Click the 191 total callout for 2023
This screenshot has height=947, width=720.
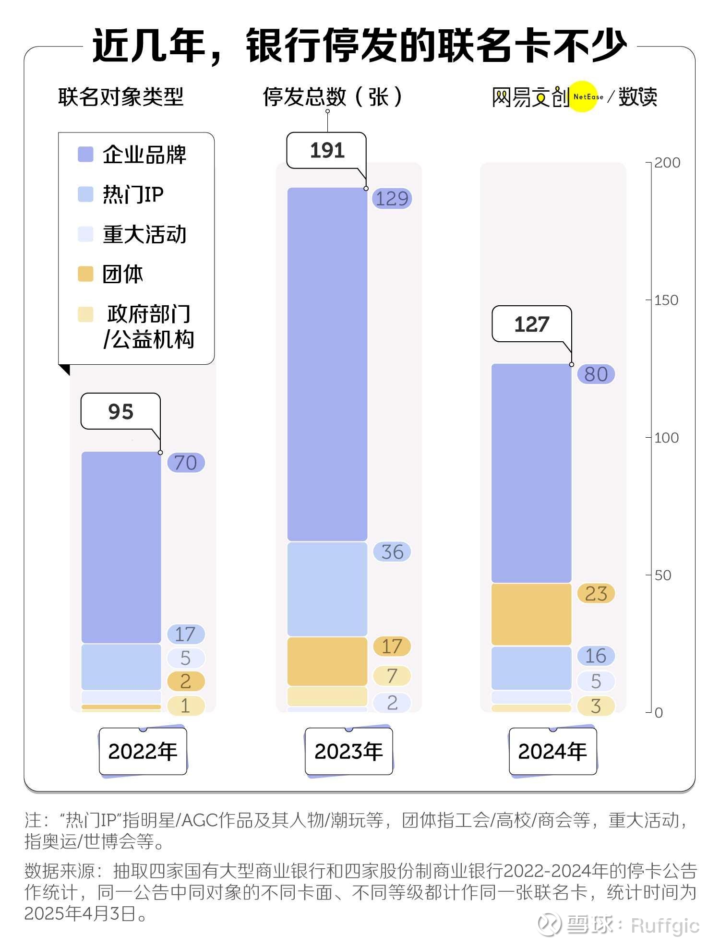[326, 151]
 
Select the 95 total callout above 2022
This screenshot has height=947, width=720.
[120, 411]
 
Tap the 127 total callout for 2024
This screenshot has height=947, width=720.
[531, 324]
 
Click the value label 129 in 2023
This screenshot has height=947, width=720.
[392, 199]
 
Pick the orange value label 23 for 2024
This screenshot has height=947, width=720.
[596, 594]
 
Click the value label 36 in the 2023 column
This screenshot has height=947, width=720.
[392, 552]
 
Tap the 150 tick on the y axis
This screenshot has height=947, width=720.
[666, 300]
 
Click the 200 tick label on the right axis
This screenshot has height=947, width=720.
[667, 163]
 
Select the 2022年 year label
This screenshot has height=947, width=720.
[143, 751]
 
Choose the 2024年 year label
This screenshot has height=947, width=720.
[552, 751]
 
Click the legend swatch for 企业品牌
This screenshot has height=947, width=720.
[85, 155]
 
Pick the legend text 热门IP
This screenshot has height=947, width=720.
[133, 194]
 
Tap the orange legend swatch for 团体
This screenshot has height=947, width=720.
[85, 274]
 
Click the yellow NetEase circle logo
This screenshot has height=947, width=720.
[584, 96]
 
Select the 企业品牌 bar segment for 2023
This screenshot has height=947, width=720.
[327, 365]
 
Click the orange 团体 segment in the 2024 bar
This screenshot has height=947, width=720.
[531, 614]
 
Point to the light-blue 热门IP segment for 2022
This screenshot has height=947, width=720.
[121, 667]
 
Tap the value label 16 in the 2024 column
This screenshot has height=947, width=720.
[596, 656]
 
